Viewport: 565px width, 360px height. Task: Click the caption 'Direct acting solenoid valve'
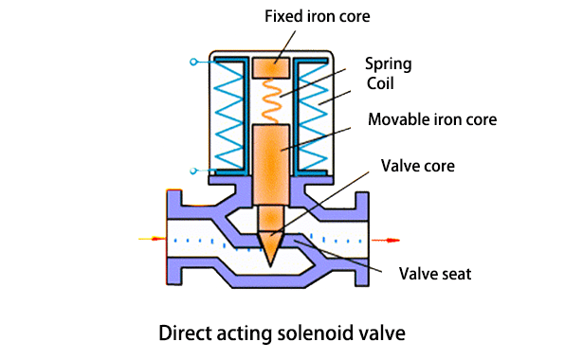tap(282, 333)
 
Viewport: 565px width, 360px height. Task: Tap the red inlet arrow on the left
tap(151, 240)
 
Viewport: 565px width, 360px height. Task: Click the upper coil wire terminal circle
tap(193, 63)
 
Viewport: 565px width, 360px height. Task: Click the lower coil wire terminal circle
tap(193, 171)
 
